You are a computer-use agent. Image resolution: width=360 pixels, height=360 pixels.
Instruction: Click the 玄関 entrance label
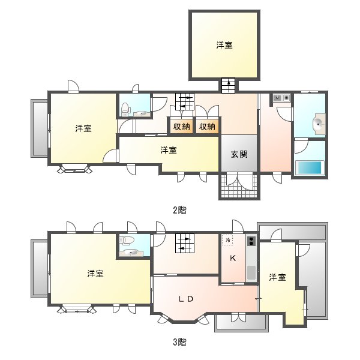pos(239,154)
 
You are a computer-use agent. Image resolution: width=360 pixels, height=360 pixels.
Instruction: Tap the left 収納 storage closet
pos(181,126)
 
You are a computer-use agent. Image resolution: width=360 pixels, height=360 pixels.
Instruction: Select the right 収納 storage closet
pos(207,126)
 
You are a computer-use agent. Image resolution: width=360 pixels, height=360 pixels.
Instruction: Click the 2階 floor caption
pos(179,210)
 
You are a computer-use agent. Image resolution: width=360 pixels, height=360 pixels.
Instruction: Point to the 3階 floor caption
pos(179,343)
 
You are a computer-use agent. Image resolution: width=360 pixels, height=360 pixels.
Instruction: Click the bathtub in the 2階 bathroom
pos(310,168)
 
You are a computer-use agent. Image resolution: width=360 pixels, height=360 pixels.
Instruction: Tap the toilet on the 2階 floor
pos(125,109)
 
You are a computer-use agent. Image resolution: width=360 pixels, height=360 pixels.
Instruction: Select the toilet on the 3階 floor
pos(126,241)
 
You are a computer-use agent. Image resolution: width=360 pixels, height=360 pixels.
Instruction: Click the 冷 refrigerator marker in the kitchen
pos(228,241)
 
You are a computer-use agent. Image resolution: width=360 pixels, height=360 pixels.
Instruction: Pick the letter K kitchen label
pos(233,259)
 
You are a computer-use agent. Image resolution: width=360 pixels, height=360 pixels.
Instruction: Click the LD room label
pos(186,299)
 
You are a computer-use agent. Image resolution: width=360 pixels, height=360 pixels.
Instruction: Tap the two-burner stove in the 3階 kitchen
pos(251,241)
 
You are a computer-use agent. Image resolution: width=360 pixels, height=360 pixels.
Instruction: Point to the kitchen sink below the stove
pos(251,273)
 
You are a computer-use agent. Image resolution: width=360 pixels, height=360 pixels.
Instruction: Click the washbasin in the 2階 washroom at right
pos(319,124)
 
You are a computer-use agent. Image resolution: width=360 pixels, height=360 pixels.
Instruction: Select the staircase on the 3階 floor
pos(185,244)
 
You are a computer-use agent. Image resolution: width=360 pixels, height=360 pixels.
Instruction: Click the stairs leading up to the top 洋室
pos(229,85)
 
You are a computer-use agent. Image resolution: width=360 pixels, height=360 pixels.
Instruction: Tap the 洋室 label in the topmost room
pos(224,45)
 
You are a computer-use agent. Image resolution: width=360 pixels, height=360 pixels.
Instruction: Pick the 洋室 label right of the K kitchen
pos(277,278)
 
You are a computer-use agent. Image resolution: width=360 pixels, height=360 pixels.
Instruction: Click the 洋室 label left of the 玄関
pos(169,151)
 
